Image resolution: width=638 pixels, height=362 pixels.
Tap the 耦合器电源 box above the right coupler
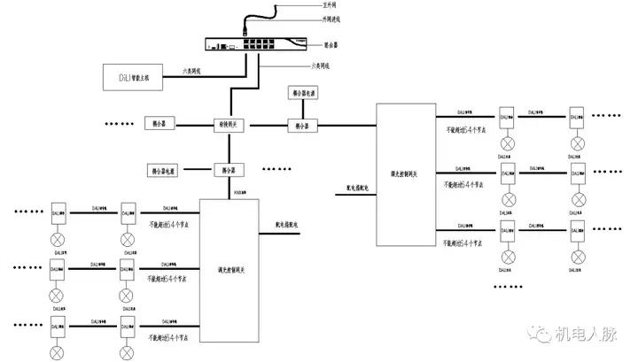301,93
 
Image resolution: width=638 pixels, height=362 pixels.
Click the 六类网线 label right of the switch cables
322,66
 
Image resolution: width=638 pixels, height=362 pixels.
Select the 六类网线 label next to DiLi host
193,70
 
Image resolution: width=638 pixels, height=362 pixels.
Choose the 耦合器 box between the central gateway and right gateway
301,125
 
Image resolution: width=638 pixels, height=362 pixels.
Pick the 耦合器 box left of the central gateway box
161,126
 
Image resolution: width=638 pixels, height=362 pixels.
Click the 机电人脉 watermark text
588,335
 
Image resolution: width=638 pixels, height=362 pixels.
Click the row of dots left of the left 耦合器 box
120,126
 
